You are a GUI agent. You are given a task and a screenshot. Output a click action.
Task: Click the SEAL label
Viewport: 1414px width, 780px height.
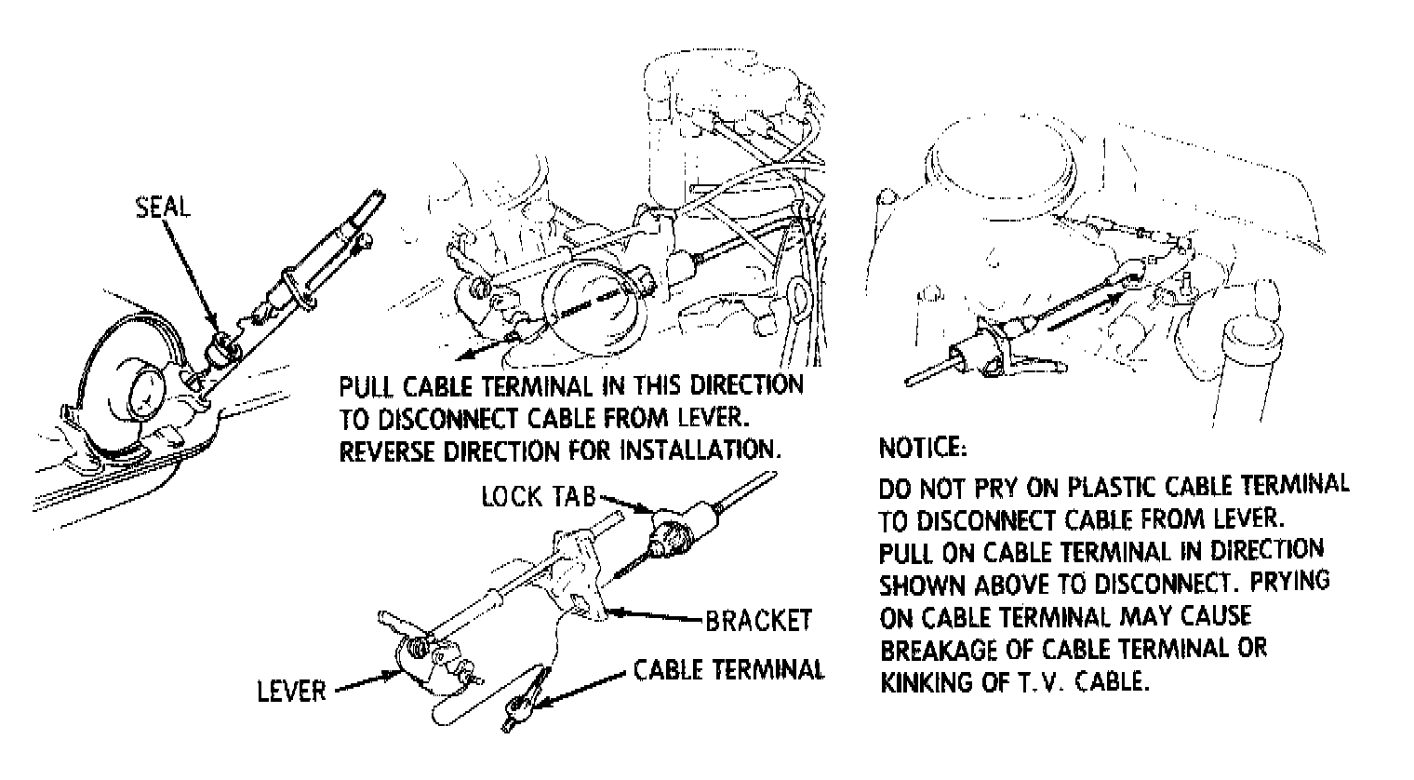click(163, 207)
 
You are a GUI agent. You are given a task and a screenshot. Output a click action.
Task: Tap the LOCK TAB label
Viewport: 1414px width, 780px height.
click(538, 496)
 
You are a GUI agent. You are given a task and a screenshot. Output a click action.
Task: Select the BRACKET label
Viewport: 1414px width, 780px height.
click(758, 620)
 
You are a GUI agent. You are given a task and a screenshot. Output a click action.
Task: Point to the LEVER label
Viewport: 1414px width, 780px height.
click(292, 691)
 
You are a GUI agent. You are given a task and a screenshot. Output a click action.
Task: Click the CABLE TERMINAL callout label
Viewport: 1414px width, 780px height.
click(728, 670)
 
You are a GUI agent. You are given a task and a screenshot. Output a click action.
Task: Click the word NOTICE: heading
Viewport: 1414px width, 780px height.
click(923, 448)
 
